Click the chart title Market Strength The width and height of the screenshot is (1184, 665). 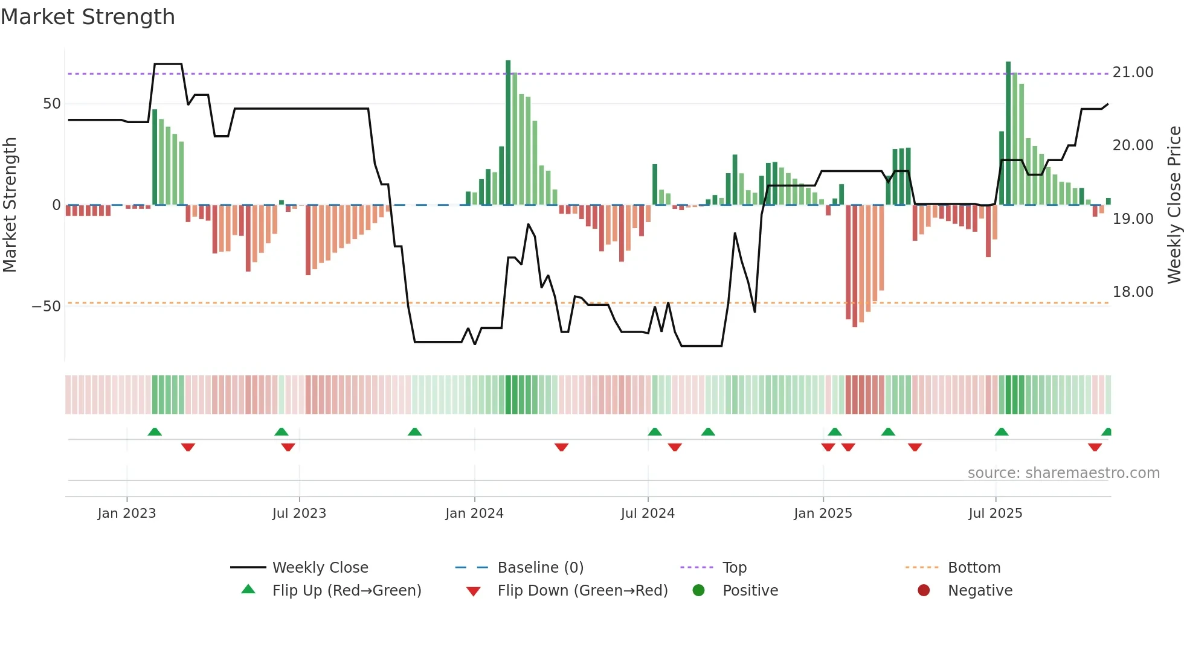pos(88,17)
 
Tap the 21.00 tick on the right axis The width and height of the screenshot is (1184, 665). pos(1133,72)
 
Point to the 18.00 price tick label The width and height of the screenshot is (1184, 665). pos(1133,292)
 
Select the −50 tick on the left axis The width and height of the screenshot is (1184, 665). pos(46,307)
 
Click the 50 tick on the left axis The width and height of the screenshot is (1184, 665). pos(51,104)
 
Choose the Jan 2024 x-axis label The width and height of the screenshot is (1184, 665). pos(474,514)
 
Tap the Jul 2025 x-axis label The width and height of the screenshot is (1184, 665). pos(995,514)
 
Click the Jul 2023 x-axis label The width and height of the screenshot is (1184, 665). pos(299,514)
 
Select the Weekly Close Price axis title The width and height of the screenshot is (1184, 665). pos(1174,205)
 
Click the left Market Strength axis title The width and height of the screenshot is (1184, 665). pos(10,205)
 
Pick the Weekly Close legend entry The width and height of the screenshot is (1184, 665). pos(320,568)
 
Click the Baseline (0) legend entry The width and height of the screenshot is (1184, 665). pos(540,568)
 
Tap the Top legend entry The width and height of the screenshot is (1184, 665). pos(734,568)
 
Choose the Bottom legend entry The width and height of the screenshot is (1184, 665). pos(974,568)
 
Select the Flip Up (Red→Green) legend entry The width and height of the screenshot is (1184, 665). pos(346,591)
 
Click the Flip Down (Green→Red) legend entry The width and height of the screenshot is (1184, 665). pos(582,591)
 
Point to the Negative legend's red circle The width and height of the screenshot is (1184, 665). pos(924,591)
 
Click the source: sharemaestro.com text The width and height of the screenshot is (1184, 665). pos(1063,473)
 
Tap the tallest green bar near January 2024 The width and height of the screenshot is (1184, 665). pos(508,133)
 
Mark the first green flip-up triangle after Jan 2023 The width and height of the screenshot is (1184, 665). pos(155,431)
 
